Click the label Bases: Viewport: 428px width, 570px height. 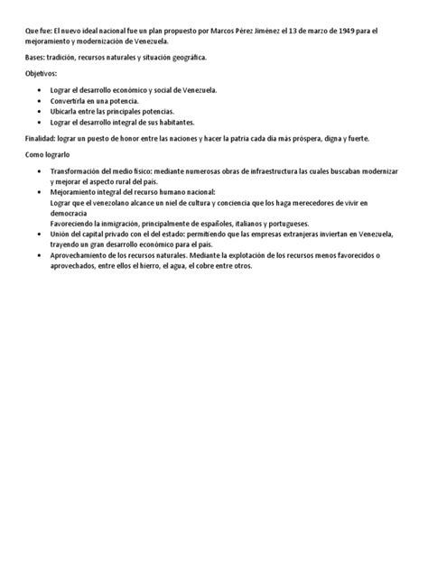point(37,58)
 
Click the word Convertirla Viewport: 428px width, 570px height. point(73,101)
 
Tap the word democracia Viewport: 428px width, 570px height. point(70,213)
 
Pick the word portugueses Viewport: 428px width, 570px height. point(281,223)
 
